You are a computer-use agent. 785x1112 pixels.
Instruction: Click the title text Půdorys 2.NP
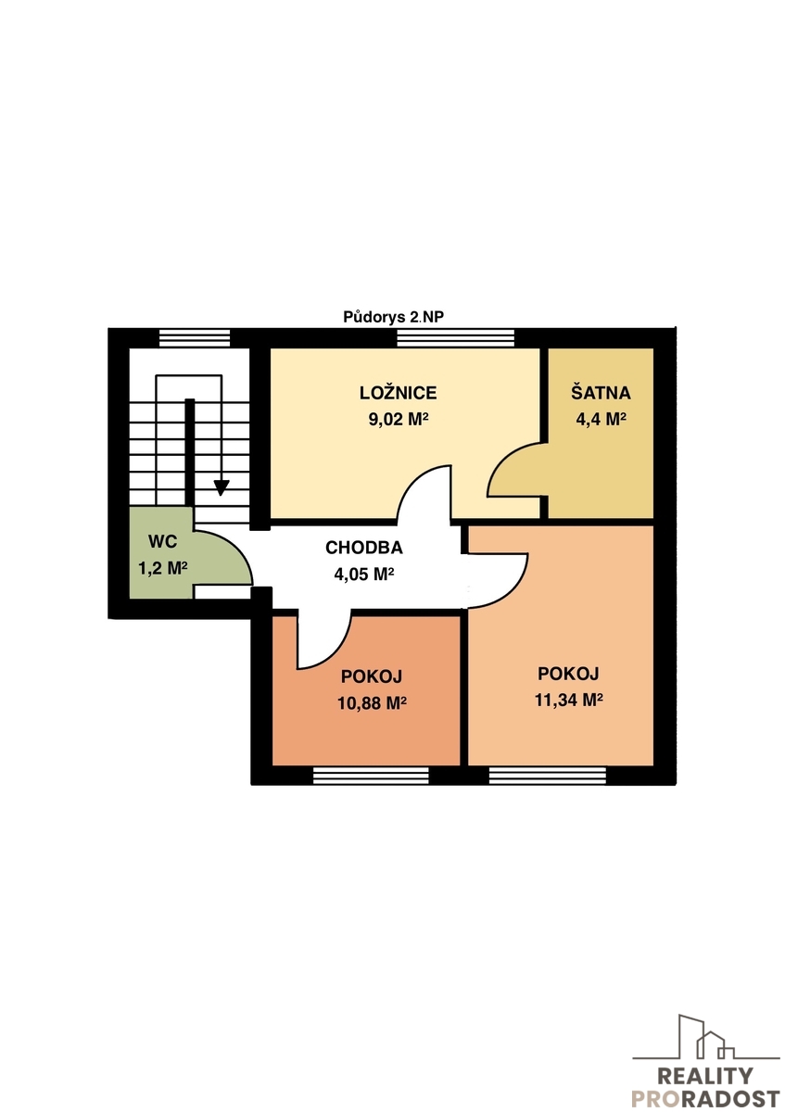(393, 317)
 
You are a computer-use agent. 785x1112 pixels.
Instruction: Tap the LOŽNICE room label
(398, 393)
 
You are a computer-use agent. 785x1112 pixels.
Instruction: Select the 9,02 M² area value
(398, 420)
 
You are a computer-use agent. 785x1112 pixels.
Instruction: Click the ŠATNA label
(601, 393)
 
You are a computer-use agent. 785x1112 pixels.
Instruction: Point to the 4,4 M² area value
(601, 420)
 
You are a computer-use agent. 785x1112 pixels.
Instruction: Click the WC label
(162, 541)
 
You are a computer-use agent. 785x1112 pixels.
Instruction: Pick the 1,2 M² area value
(162, 568)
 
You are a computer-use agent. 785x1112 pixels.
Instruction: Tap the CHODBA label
(364, 548)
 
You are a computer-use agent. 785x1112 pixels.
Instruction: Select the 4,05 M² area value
(364, 575)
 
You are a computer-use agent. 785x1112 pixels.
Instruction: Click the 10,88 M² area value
(372, 703)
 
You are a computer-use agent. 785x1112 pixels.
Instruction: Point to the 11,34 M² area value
(568, 700)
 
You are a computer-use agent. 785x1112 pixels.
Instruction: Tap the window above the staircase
(195, 338)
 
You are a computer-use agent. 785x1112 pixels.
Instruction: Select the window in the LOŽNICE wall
(455, 338)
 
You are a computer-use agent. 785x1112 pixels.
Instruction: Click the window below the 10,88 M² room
(371, 776)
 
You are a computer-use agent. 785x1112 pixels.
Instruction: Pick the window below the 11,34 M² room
(547, 776)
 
